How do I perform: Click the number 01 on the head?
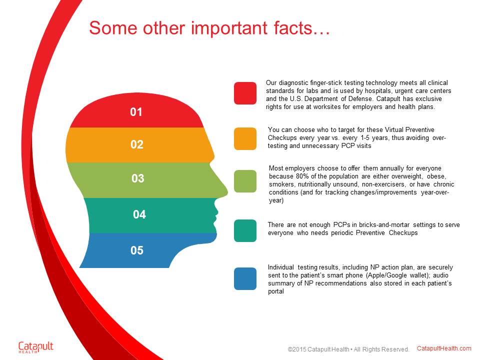pyautogui.click(x=136, y=112)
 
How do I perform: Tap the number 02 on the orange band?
pyautogui.click(x=137, y=144)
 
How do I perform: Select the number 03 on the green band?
pyautogui.click(x=138, y=178)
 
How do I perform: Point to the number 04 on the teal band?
pyautogui.click(x=139, y=214)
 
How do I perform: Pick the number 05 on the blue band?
pyautogui.click(x=137, y=250)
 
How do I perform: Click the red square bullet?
pyautogui.click(x=245, y=93)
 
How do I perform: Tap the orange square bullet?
pyautogui.click(x=245, y=138)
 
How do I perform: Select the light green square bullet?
pyautogui.click(x=245, y=181)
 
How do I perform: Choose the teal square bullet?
pyautogui.click(x=245, y=230)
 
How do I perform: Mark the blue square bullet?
pyautogui.click(x=245, y=278)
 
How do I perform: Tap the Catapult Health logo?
pyautogui.click(x=36, y=347)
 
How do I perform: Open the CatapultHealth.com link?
pyautogui.click(x=444, y=348)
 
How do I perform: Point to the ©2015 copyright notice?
pyautogui.click(x=348, y=349)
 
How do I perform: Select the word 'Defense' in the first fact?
pyautogui.click(x=360, y=99)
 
